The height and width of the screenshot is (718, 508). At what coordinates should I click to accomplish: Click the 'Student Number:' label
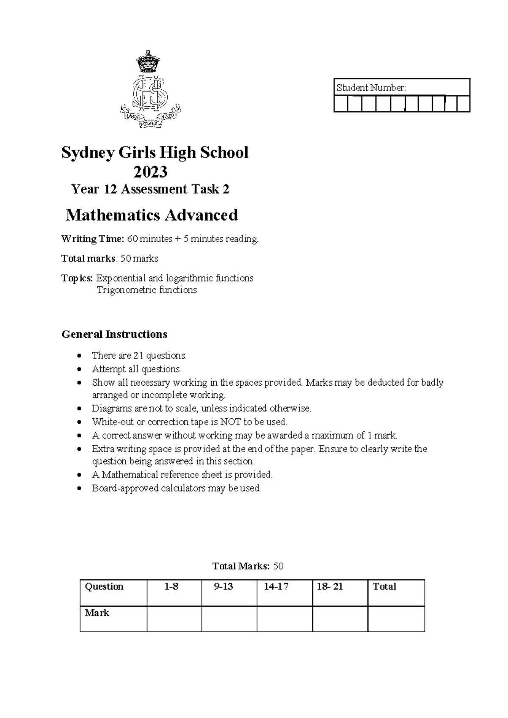(x=371, y=88)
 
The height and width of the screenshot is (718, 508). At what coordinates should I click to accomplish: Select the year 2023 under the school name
(x=150, y=172)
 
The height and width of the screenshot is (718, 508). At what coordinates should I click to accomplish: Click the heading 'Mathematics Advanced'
(x=152, y=215)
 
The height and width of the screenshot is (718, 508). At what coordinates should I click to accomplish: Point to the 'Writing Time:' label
(x=93, y=239)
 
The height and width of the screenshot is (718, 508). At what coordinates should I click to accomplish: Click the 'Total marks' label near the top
(x=88, y=258)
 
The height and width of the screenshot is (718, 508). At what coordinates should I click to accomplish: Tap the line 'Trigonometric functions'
(x=146, y=290)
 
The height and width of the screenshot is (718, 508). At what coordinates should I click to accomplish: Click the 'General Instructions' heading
(x=114, y=334)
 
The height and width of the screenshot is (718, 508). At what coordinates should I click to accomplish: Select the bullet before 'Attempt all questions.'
(x=79, y=369)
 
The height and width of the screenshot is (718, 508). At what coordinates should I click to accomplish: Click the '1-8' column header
(x=171, y=586)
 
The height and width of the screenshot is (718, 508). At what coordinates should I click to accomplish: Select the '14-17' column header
(x=276, y=586)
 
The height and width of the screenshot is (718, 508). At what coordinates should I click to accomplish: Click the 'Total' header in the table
(x=384, y=586)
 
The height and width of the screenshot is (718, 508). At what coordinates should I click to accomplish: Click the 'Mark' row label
(x=97, y=613)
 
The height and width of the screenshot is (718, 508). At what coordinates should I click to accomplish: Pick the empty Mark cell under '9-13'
(x=229, y=619)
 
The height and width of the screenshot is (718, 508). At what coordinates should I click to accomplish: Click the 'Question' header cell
(x=104, y=586)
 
